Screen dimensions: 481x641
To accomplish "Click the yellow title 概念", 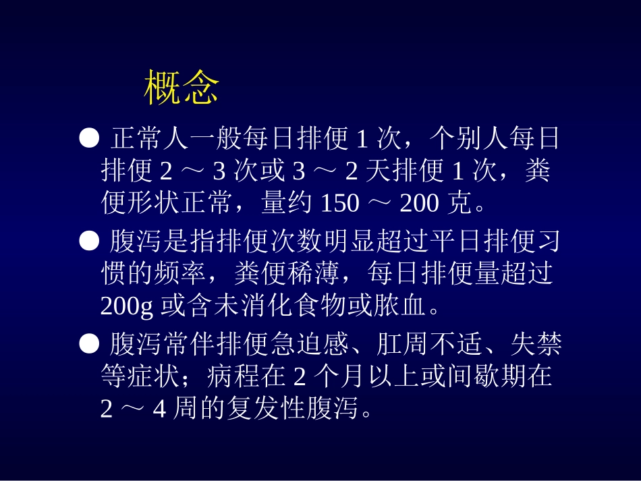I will click(182, 88).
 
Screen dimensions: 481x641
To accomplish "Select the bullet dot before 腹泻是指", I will click(89, 241).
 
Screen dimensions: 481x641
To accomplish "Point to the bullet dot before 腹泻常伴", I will click(89, 344).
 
